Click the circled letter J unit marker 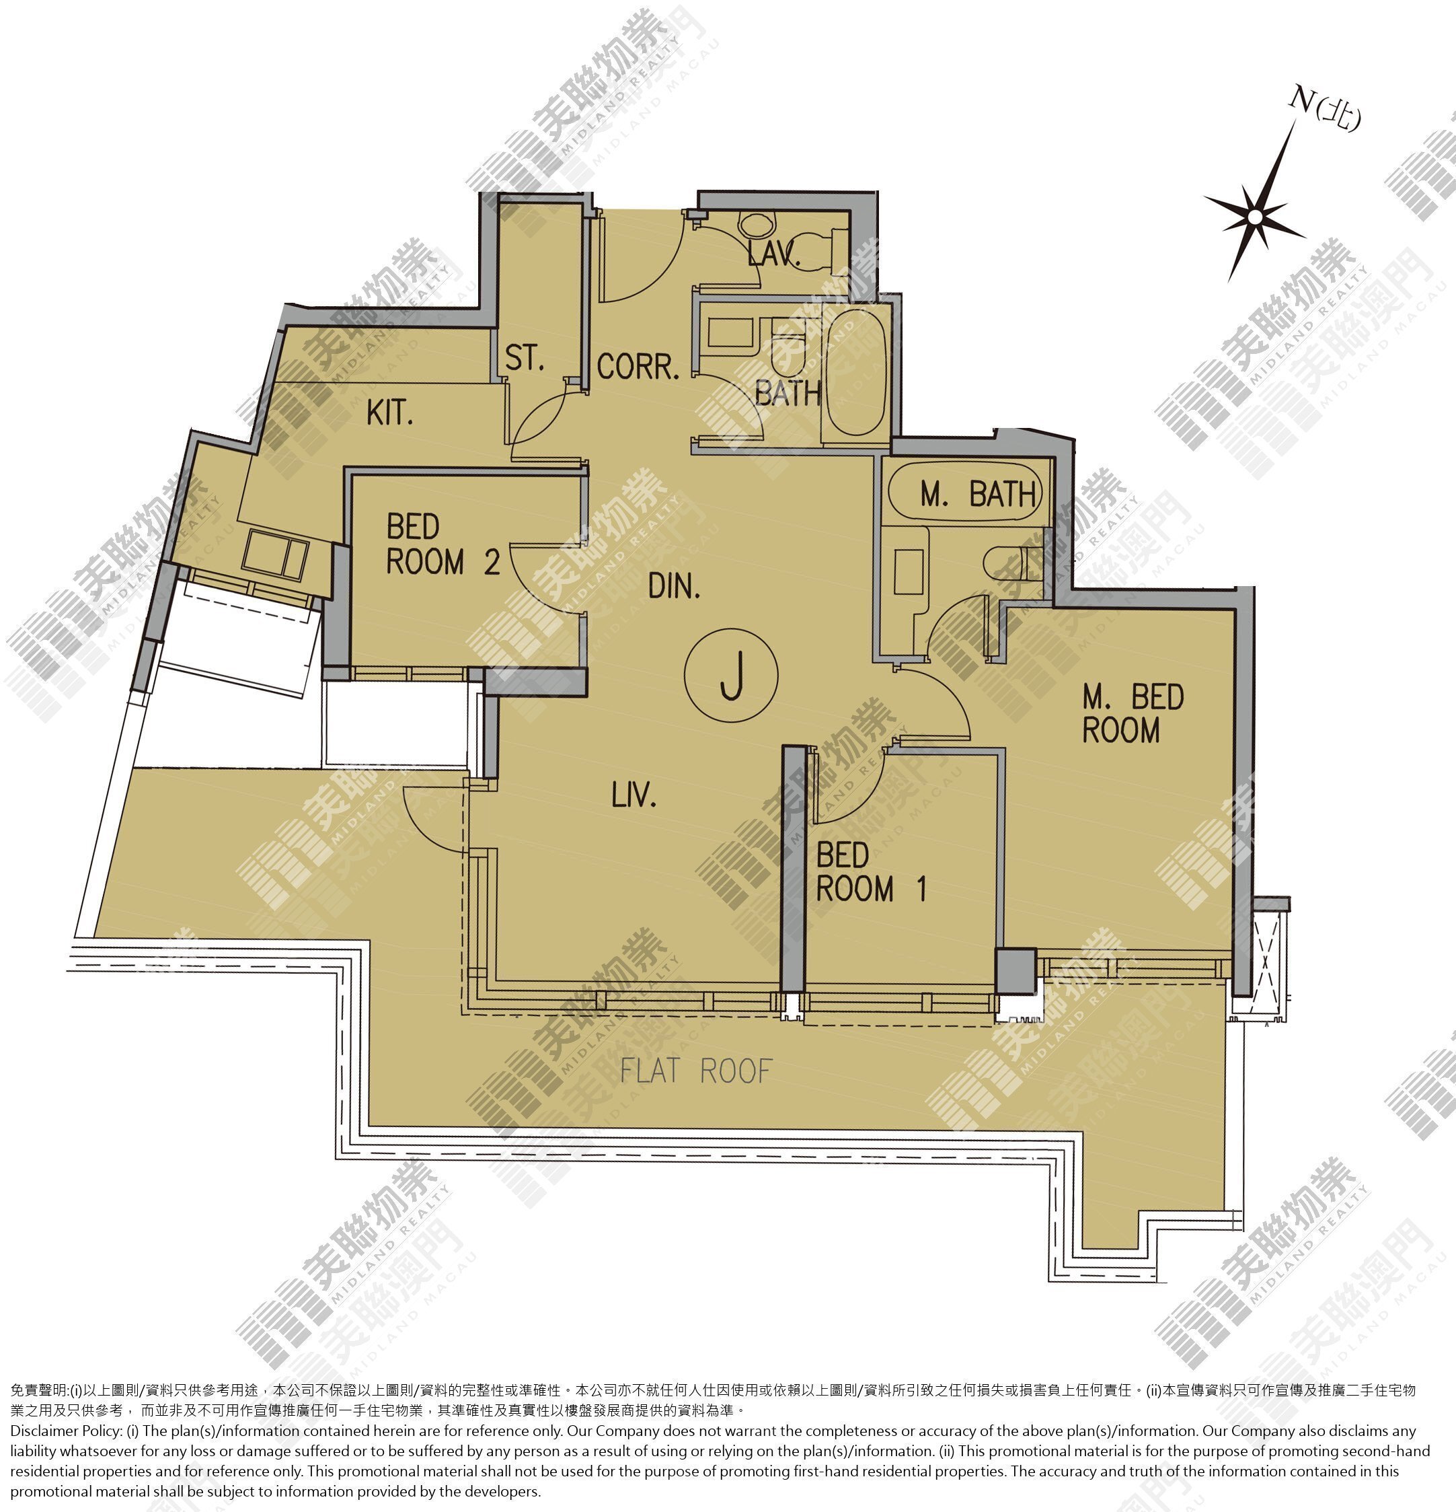tap(731, 675)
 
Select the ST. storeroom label tap(525, 359)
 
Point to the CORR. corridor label tap(638, 367)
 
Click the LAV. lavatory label tap(773, 254)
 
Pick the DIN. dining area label tap(674, 587)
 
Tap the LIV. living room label tap(634, 795)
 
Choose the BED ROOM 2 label tap(443, 544)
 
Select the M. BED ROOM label tap(1132, 713)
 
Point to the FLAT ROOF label tap(695, 1071)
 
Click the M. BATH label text tap(978, 494)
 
